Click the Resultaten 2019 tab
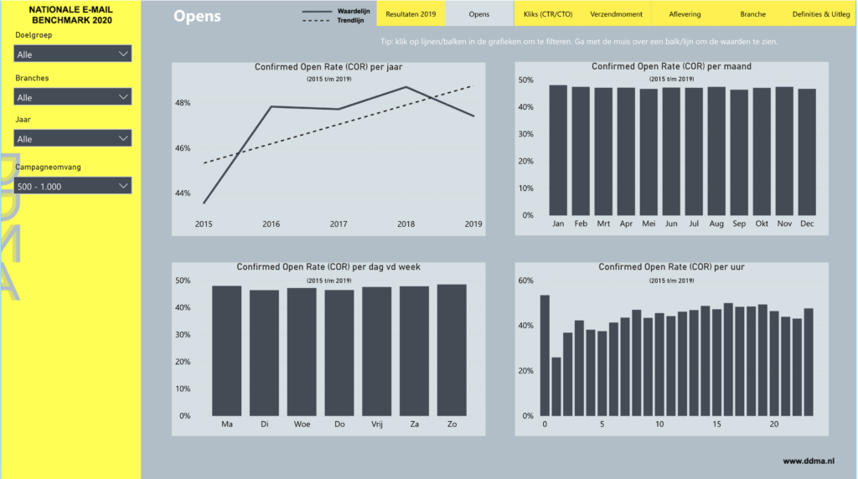point(411,14)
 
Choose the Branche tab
point(752,14)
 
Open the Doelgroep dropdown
point(73,54)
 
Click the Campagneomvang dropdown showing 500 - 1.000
point(73,186)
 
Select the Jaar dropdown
point(73,138)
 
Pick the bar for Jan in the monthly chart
point(558,151)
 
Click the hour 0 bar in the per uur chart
point(545,355)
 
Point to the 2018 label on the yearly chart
point(406,224)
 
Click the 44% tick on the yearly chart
point(183,193)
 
